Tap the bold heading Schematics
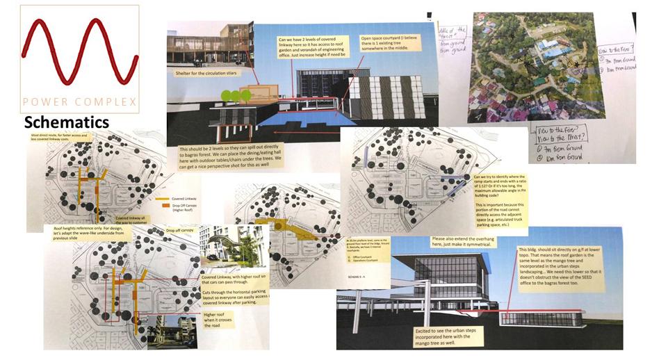[x=67, y=122]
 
